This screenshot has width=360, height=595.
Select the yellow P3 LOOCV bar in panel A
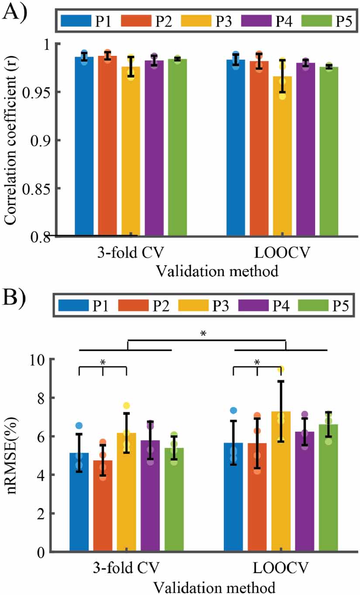[282, 157]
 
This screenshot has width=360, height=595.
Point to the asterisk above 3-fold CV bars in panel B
[103, 362]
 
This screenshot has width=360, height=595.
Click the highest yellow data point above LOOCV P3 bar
[282, 369]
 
